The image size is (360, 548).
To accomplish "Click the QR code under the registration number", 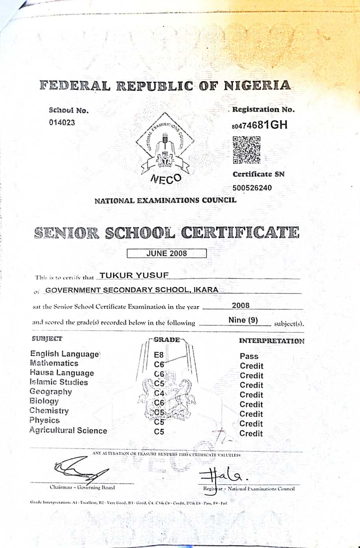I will pyautogui.click(x=247, y=150).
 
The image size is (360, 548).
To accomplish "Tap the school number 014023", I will pyautogui.click(x=62, y=122).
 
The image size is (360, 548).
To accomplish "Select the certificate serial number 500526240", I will pyautogui.click(x=252, y=188).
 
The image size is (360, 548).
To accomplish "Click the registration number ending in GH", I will pyautogui.click(x=260, y=125).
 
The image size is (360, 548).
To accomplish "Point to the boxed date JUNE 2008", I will pyautogui.click(x=167, y=254).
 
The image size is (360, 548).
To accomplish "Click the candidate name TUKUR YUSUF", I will pyautogui.click(x=134, y=275).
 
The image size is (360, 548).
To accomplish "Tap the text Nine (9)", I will pyautogui.click(x=243, y=320).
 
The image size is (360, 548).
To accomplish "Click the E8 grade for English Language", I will pyautogui.click(x=159, y=355).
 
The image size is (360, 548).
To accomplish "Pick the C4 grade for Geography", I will pyautogui.click(x=159, y=393).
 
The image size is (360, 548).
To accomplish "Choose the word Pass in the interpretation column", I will pyautogui.click(x=249, y=356).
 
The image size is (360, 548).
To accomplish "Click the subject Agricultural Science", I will pyautogui.click(x=68, y=430).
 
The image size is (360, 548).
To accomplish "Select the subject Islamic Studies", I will pyautogui.click(x=59, y=382).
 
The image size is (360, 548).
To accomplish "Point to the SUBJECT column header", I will pyautogui.click(x=47, y=339).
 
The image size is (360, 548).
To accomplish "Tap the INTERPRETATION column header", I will pyautogui.click(x=271, y=341).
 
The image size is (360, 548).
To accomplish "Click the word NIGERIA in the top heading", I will pyautogui.click(x=257, y=85).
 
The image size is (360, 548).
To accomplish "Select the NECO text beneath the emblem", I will pyautogui.click(x=166, y=180).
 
